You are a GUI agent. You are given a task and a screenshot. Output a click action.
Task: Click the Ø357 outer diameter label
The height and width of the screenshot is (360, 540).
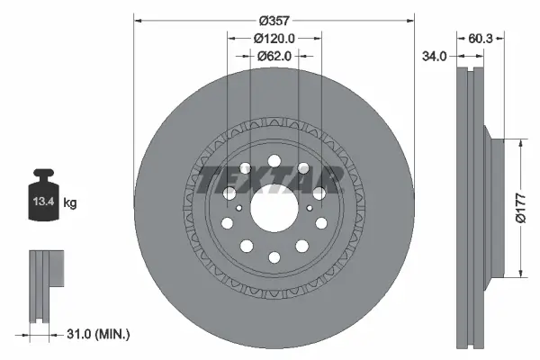[274, 20]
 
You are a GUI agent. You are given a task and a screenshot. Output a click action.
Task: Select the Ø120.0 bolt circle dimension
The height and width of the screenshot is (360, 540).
[274, 38]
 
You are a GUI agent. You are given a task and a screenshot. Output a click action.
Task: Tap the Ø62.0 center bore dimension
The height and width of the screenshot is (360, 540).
[274, 55]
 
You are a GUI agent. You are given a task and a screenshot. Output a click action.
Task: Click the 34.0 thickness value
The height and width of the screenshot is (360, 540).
[435, 56]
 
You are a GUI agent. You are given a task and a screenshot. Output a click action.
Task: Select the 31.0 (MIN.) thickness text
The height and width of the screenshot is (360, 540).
[99, 334]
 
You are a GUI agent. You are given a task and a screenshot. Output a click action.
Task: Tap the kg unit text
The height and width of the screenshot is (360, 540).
[70, 203]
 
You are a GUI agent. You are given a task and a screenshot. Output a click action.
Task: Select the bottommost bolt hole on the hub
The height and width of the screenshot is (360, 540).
[274, 258]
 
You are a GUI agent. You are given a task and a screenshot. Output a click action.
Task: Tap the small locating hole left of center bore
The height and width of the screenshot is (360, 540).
[238, 209]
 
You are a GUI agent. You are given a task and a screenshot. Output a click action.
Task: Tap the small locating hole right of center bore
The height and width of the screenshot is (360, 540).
[310, 209]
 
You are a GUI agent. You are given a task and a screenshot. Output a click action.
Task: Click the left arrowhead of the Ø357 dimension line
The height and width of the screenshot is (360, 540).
[138, 20]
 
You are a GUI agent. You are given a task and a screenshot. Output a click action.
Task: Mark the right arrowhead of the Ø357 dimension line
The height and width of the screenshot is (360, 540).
[411, 20]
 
